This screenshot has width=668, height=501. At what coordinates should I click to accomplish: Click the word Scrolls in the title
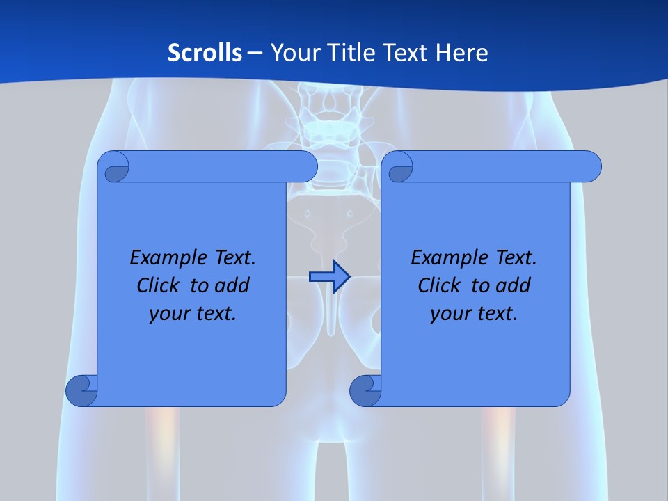point(205,53)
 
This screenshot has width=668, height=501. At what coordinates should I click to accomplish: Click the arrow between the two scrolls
point(329,277)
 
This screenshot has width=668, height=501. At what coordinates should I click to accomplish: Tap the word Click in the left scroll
point(158,285)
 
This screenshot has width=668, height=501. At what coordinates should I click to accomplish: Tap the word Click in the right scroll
point(439,285)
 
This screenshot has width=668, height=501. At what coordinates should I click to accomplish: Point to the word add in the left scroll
point(232,285)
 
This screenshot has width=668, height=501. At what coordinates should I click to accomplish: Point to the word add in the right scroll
point(514,285)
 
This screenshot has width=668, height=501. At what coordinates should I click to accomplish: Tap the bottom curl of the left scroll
point(81,390)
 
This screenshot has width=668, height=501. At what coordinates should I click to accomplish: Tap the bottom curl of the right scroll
point(365,390)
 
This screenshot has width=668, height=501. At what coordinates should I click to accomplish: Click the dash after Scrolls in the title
point(255,53)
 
